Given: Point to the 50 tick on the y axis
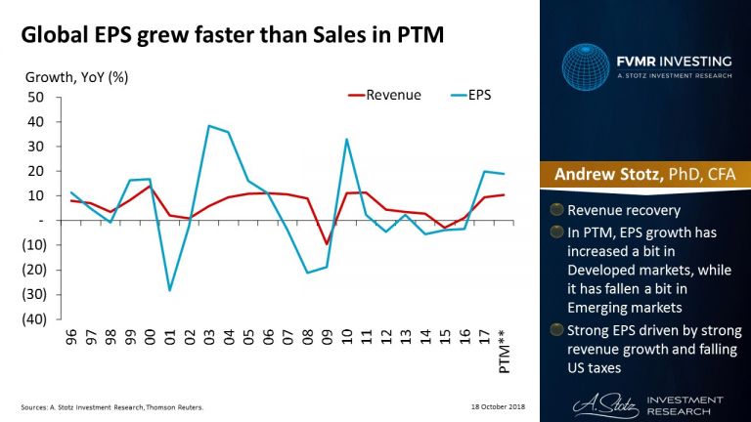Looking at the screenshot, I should tap(35, 97).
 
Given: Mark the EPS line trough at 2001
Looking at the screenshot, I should tap(170, 290).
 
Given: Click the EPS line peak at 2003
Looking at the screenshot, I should tap(208, 126).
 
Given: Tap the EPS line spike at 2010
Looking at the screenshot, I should tap(347, 139).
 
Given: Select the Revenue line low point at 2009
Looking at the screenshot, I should tap(327, 244).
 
